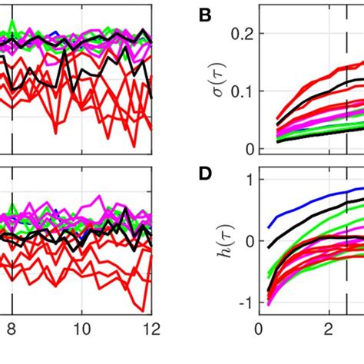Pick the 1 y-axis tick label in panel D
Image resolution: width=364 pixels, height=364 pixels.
[247, 180]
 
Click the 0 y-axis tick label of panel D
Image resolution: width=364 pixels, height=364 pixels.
[247, 241]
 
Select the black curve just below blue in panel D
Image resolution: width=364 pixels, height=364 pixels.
[307, 217]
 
